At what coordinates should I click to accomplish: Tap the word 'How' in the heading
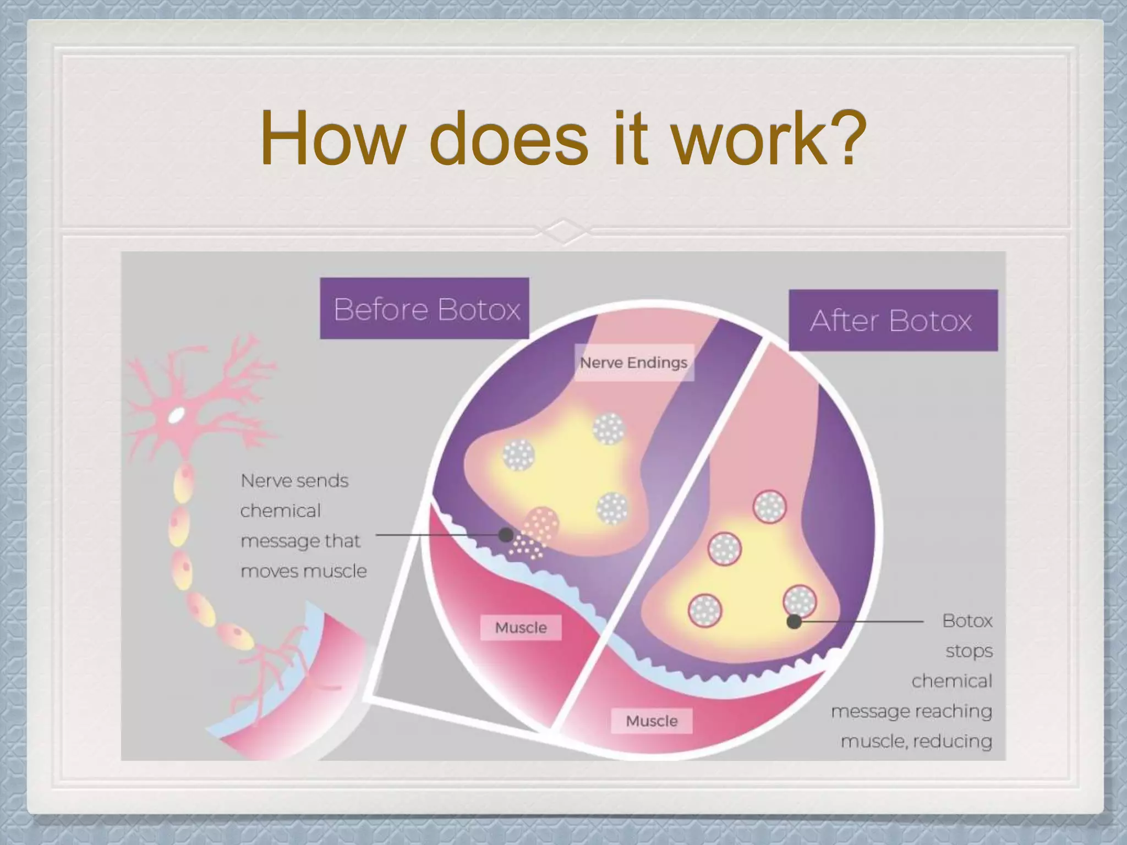tap(333, 139)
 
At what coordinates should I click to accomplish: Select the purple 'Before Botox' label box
tap(424, 309)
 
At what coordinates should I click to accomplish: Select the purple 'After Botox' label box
tap(893, 321)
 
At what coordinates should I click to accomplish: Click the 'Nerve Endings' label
tap(633, 363)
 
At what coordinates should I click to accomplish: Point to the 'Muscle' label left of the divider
tap(521, 628)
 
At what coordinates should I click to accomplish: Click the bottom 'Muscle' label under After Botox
tap(652, 721)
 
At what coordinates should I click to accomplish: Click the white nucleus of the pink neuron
tap(176, 415)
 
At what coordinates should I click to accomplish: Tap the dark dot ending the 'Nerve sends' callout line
tap(505, 535)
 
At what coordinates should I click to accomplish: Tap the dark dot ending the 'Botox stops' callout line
tap(794, 622)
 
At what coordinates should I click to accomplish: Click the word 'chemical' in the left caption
tap(281, 511)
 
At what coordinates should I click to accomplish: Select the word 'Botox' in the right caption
tap(967, 621)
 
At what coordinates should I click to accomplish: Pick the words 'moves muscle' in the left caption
tap(304, 572)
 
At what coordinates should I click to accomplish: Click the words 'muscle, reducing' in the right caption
tap(916, 742)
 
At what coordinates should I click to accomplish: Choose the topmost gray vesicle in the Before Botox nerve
tap(609, 429)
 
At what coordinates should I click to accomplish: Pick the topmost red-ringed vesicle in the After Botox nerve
tap(769, 507)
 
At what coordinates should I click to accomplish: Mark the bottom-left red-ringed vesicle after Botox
tap(705, 610)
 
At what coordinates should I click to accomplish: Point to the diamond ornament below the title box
tap(563, 231)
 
